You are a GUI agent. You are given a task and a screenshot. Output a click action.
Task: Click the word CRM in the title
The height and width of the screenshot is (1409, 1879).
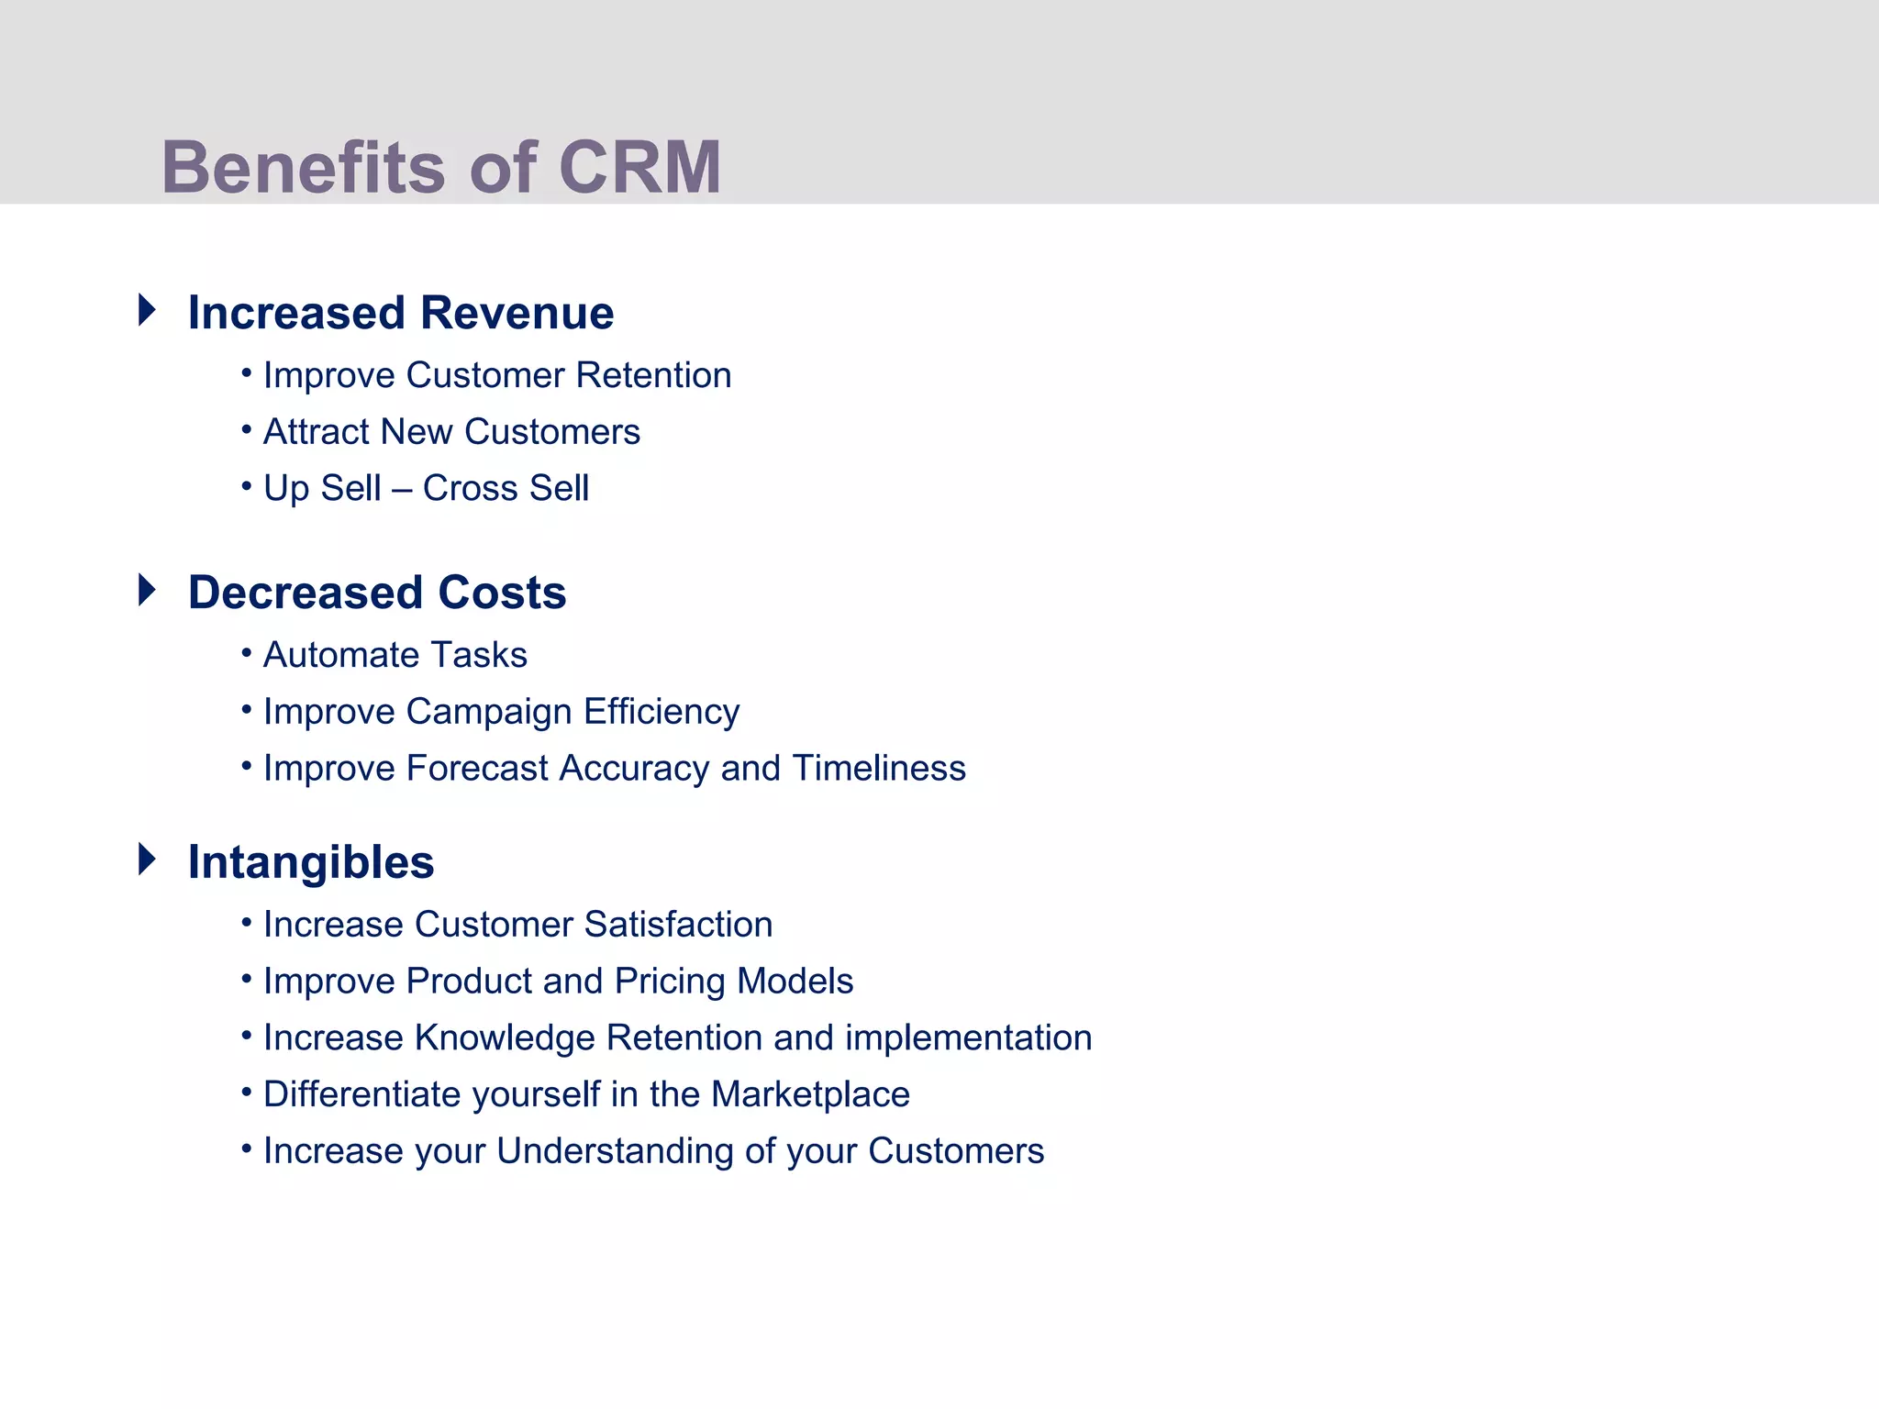639,168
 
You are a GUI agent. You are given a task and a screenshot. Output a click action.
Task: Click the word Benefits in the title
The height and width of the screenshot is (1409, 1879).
304,168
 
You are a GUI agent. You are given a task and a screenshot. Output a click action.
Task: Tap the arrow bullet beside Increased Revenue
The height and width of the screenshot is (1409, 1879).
147,310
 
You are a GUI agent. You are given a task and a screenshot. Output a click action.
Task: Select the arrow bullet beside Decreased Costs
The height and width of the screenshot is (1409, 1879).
147,590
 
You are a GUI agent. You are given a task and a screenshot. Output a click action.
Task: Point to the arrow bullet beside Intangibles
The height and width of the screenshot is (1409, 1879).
147,860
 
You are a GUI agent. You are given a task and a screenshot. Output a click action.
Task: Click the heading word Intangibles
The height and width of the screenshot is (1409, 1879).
311,862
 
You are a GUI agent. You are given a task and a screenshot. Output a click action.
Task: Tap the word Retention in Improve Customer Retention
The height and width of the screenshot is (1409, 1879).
653,375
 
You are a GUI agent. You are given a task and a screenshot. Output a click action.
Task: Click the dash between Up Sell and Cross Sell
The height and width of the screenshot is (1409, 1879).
402,489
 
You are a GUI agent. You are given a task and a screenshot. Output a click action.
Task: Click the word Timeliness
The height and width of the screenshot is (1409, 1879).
879,769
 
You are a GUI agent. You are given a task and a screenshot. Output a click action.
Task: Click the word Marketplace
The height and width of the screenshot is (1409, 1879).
810,1094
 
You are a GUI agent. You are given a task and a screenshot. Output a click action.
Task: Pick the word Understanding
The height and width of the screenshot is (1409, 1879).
615,1151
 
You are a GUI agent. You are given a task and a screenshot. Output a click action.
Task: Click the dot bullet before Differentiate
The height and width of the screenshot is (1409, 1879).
246,1093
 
